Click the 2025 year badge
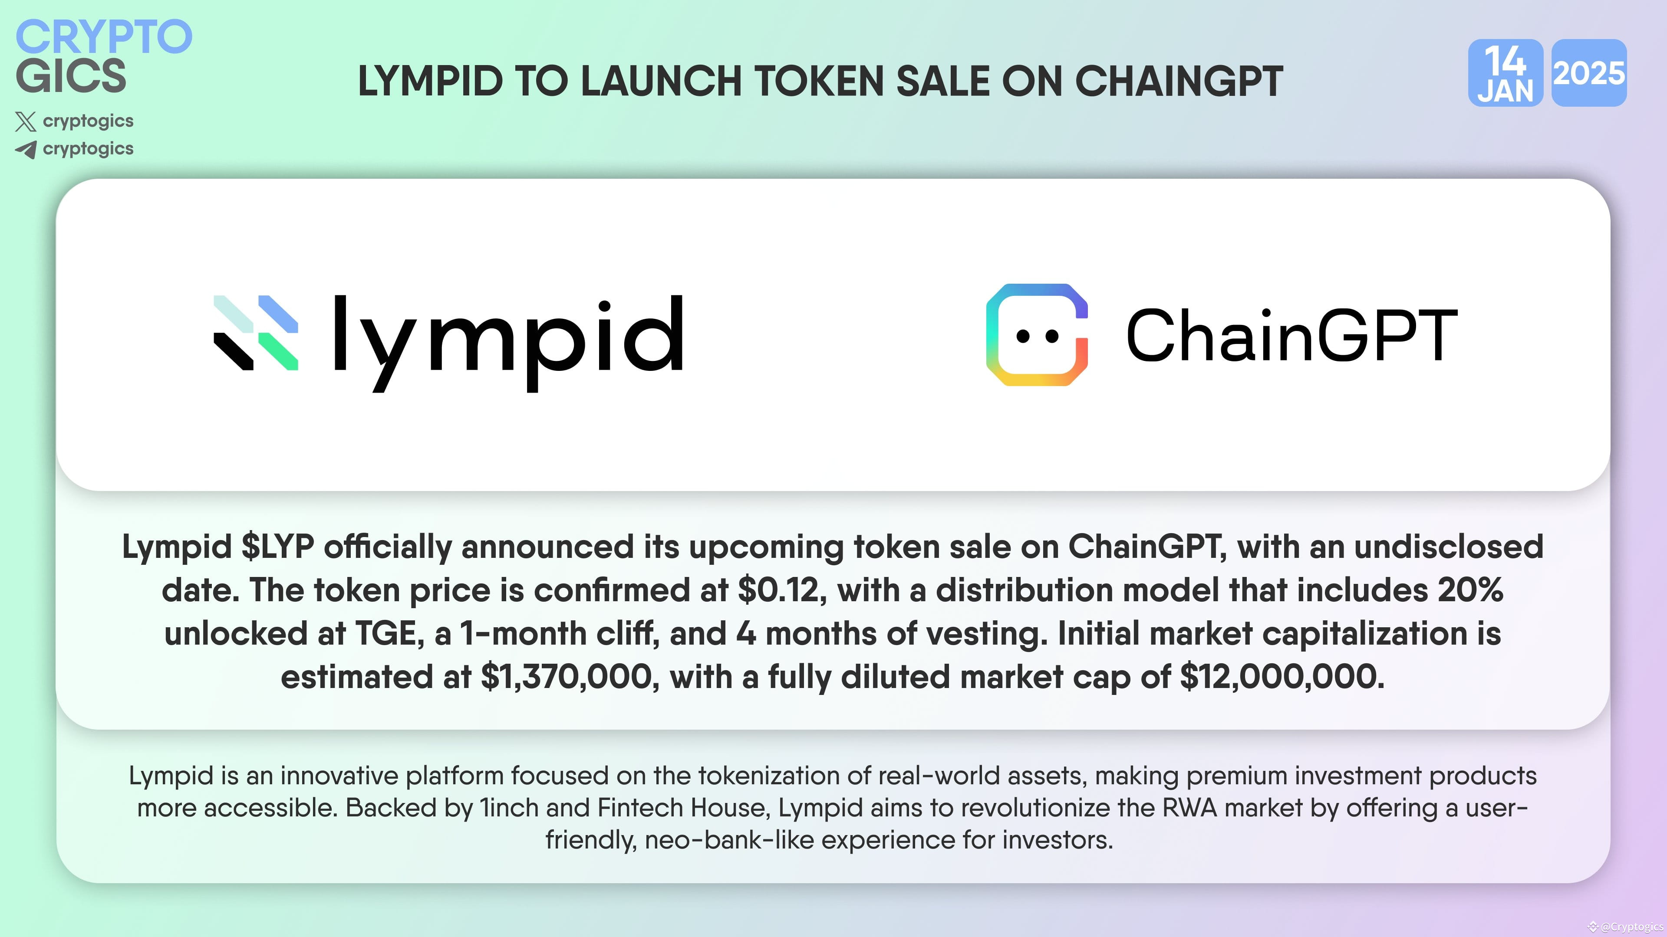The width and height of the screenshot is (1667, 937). [1589, 73]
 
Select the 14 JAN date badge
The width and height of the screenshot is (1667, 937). [1505, 73]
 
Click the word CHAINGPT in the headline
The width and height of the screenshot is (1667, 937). [1179, 82]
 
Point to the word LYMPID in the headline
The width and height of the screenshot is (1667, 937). [430, 82]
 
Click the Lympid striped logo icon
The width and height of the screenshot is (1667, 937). [256, 333]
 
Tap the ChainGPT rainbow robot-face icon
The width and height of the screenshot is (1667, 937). [1037, 335]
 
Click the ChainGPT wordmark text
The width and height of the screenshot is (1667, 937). [1291, 335]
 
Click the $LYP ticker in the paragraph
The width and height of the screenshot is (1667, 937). [278, 547]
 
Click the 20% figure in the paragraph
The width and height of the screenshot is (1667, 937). [1470, 590]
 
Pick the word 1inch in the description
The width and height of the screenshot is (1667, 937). [509, 808]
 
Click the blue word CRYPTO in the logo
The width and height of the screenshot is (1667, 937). [104, 37]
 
